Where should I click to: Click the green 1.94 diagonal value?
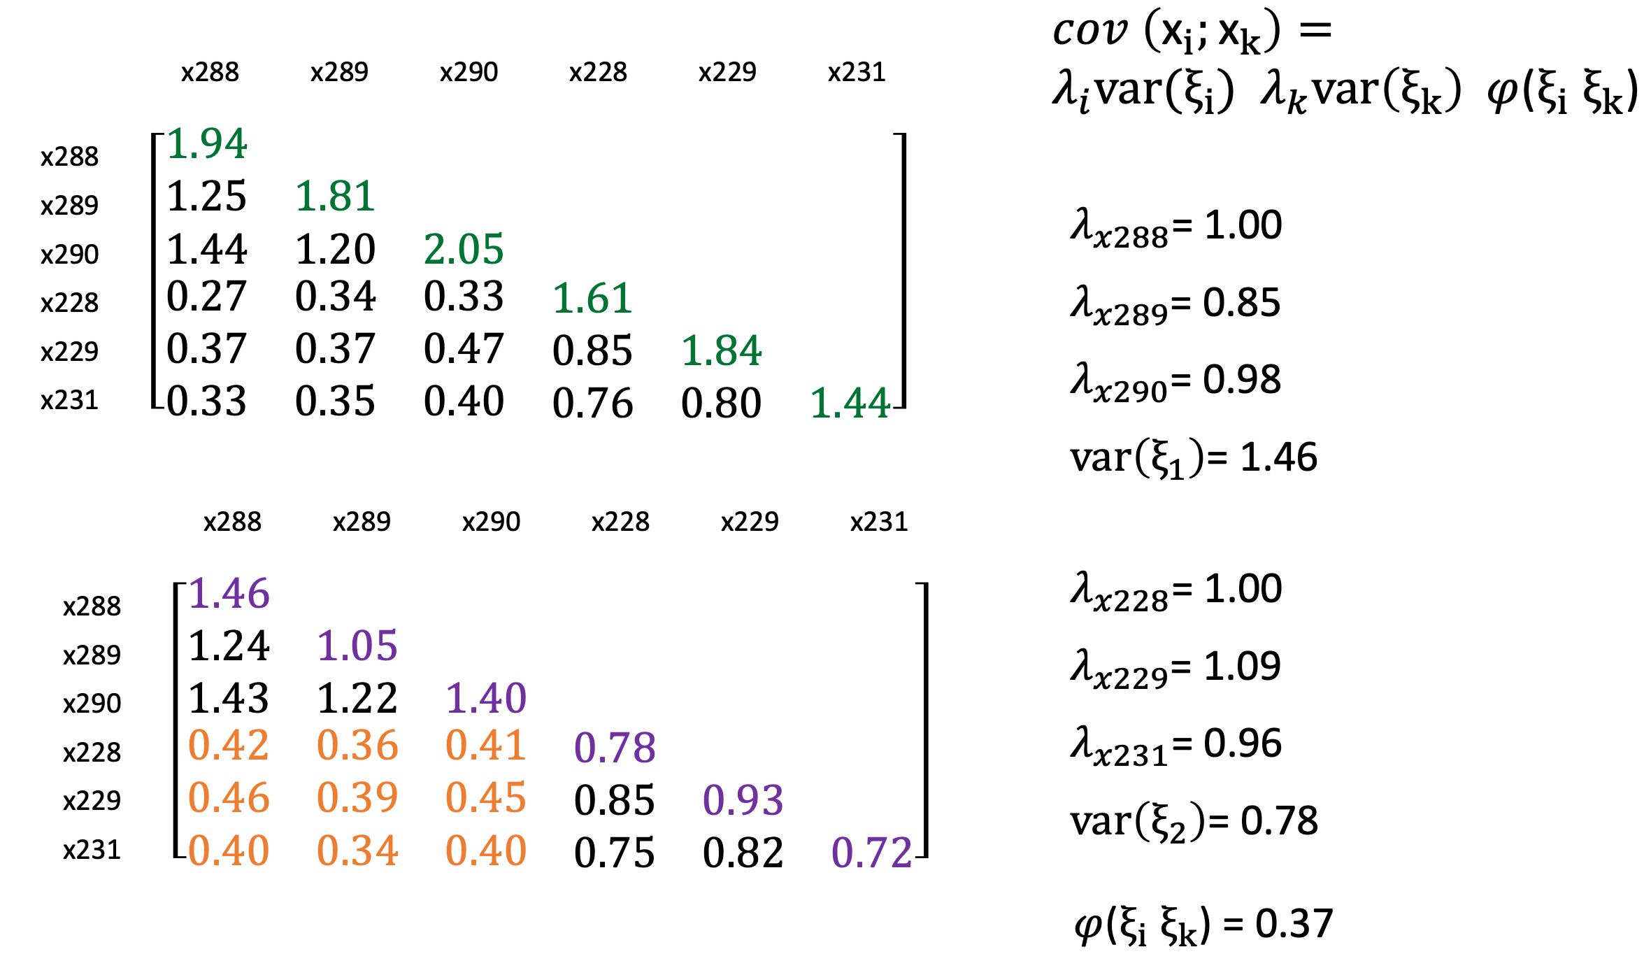pos(207,144)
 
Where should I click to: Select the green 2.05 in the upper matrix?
pos(464,249)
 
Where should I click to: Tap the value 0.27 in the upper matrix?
pos(206,297)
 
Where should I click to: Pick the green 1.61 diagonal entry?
pos(592,299)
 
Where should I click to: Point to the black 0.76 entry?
pos(592,404)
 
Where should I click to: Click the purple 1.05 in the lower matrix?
pos(357,646)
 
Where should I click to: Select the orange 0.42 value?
pos(229,746)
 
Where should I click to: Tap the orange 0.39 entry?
pos(357,797)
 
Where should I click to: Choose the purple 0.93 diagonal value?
pos(743,800)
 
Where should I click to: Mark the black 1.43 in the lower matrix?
pos(229,698)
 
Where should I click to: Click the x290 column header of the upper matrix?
pos(469,72)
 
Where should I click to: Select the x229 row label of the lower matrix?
pos(92,800)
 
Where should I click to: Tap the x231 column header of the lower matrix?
pos(879,522)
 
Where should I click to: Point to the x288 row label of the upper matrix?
pos(69,157)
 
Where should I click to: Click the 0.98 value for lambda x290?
pos(1242,380)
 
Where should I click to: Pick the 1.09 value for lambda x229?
pos(1242,666)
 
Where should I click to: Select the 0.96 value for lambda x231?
pos(1243,743)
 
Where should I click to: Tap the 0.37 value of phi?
pos(1294,924)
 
